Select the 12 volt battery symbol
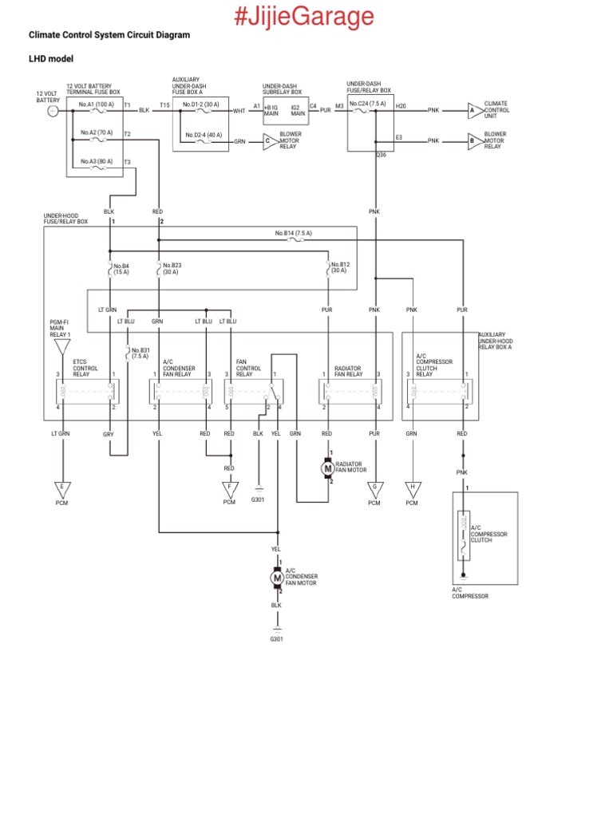tap(52, 111)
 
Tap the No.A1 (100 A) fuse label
tap(96, 105)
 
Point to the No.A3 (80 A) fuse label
tap(96, 161)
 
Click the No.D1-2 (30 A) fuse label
tap(200, 105)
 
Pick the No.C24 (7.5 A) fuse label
tap(367, 104)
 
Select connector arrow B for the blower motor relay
tap(473, 140)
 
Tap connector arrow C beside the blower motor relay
tap(269, 141)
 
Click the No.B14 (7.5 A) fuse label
tap(293, 233)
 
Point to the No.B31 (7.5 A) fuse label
tap(140, 353)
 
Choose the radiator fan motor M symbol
tap(327, 468)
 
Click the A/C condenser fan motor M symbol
tap(278, 576)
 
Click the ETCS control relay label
tap(85, 368)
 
